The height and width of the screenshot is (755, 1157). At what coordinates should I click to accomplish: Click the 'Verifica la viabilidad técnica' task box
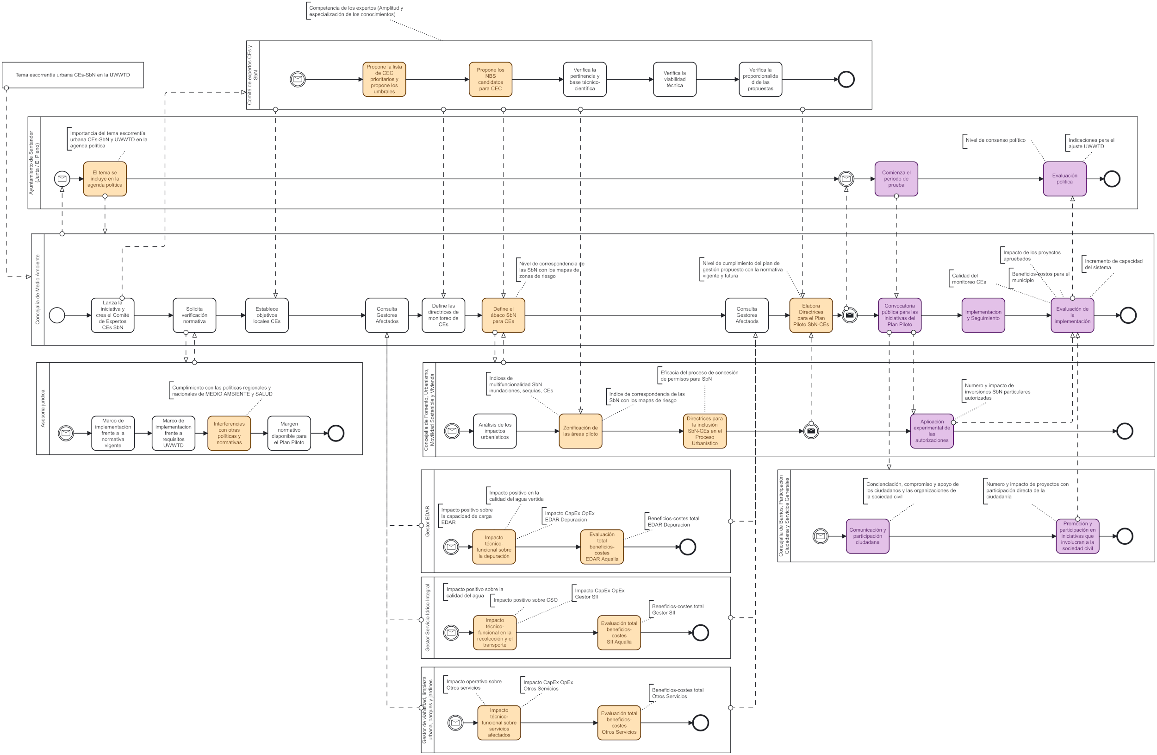click(x=674, y=79)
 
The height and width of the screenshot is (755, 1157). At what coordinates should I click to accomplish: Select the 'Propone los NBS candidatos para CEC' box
click(x=490, y=79)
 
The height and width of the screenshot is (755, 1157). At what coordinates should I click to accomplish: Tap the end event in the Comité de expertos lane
click(x=846, y=79)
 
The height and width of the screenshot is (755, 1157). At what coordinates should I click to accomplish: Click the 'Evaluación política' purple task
click(x=1064, y=179)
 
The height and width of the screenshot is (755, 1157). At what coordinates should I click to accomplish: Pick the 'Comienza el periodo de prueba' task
click(x=896, y=179)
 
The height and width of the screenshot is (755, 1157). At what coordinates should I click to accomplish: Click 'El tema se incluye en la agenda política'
click(x=105, y=179)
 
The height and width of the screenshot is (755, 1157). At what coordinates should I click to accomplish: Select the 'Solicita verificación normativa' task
click(x=194, y=315)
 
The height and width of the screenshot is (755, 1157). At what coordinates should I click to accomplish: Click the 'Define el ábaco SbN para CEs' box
click(x=503, y=315)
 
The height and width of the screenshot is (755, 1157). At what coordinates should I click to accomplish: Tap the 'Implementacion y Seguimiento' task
click(x=983, y=315)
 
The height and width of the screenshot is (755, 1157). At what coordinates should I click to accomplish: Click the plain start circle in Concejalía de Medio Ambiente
click(x=57, y=315)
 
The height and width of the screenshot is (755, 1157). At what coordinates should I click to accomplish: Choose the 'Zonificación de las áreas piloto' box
click(x=580, y=431)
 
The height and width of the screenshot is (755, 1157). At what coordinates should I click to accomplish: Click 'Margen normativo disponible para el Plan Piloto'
click(x=289, y=433)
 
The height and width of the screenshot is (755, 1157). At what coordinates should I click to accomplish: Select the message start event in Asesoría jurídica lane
click(x=66, y=433)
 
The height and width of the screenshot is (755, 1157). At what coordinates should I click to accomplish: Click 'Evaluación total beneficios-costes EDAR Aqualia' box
click(x=602, y=547)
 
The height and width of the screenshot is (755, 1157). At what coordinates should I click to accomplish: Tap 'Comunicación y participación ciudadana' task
click(x=867, y=536)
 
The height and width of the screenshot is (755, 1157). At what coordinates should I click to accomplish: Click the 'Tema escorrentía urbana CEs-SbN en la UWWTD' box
click(x=73, y=75)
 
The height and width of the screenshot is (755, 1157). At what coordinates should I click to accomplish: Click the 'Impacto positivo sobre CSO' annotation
click(x=525, y=600)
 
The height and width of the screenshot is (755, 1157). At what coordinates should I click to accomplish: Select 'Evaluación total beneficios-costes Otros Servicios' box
click(x=619, y=723)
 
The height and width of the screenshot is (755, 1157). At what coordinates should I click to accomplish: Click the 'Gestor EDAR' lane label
click(x=427, y=521)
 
